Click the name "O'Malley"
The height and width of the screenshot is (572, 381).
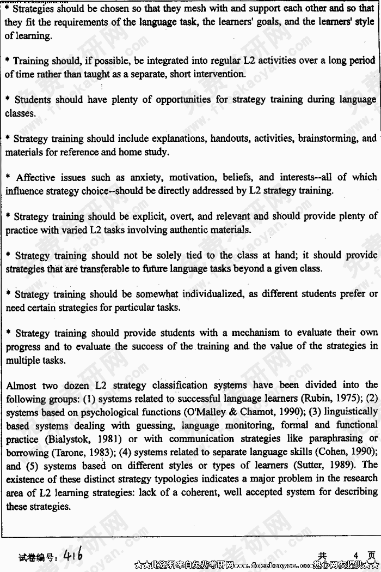pyautogui.click(x=194, y=412)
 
